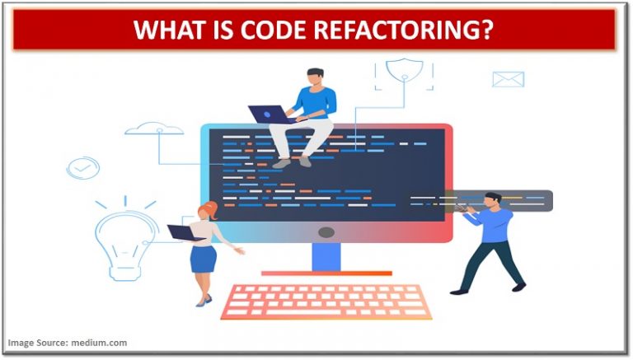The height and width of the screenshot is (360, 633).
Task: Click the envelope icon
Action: click(x=508, y=79)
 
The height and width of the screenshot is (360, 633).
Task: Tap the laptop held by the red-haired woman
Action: click(x=186, y=233)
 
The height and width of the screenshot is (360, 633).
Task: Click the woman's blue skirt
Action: click(x=203, y=258)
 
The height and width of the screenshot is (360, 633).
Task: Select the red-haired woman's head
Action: click(x=207, y=209)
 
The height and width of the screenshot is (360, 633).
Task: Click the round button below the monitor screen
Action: click(x=326, y=232)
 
